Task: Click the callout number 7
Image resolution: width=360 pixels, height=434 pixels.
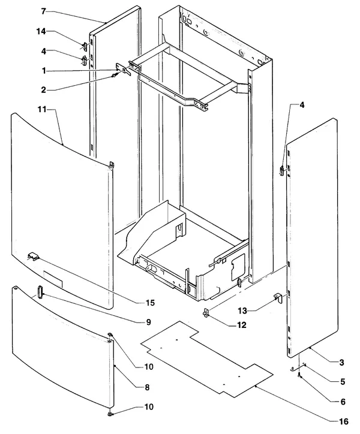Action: point(43,11)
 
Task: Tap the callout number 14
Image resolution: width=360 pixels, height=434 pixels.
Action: point(41,32)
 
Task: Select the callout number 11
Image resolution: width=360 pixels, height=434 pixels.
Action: point(42,110)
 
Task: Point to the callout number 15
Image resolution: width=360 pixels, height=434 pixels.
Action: point(150,303)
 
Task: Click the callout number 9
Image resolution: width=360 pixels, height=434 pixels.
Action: point(149,322)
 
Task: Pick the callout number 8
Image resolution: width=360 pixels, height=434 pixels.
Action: point(147,387)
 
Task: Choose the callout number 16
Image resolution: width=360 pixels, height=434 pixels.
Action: point(344,421)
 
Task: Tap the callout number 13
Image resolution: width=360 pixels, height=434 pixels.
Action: point(242,311)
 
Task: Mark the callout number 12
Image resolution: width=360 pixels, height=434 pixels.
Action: point(242,325)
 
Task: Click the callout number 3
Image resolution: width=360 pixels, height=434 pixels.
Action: point(341,362)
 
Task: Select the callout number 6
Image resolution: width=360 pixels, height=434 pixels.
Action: point(343,402)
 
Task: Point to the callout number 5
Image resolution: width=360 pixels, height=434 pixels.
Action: point(343,382)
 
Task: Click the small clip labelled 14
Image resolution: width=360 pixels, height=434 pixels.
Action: point(84,46)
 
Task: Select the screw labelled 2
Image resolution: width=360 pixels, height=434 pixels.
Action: point(114,76)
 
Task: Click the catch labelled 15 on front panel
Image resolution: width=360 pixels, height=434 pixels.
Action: point(33,256)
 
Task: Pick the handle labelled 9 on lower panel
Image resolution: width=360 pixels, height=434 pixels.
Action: point(40,292)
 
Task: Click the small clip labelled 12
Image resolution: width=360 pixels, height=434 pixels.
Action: point(206,312)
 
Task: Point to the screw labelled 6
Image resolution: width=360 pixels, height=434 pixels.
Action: point(299,375)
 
